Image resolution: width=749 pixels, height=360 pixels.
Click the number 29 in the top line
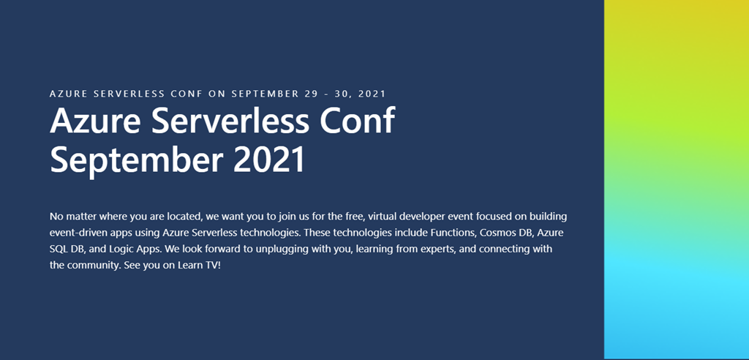310,94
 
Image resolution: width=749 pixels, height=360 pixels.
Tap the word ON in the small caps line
217,94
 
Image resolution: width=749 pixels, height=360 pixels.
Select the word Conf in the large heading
357,120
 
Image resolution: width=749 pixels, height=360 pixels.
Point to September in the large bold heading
136,162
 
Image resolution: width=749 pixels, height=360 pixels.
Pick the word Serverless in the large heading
229,120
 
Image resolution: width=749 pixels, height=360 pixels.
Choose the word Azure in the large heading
95,120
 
